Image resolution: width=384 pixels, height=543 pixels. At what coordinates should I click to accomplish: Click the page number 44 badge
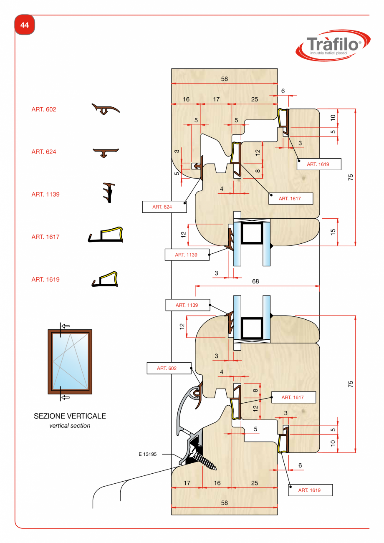point(25,25)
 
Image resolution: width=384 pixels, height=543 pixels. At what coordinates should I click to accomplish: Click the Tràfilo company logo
point(332,45)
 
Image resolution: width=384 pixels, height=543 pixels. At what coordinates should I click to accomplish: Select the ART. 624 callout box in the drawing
point(164,207)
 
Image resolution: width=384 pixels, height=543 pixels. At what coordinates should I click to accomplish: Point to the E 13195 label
point(147,455)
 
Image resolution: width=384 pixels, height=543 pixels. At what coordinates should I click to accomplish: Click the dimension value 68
point(255,281)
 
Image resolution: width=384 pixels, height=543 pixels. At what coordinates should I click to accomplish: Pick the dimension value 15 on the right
point(333,232)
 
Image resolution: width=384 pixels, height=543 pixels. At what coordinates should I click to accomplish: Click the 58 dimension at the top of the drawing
point(225,79)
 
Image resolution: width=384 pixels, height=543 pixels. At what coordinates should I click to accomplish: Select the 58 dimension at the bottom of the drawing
point(225,503)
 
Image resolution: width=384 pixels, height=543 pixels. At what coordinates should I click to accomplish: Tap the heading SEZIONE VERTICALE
point(70,416)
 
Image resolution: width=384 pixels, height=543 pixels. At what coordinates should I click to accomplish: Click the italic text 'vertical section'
point(70,426)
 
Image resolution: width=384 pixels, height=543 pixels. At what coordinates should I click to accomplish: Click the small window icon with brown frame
point(70,361)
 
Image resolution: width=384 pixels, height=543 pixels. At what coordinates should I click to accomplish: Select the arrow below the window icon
point(65,398)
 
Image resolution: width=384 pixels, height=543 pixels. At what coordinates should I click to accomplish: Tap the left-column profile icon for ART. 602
point(105,109)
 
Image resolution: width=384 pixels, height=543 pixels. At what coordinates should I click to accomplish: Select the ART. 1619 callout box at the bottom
point(310,490)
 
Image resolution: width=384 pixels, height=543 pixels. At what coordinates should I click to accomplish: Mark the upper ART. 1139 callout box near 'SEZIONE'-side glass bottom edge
point(187,255)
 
